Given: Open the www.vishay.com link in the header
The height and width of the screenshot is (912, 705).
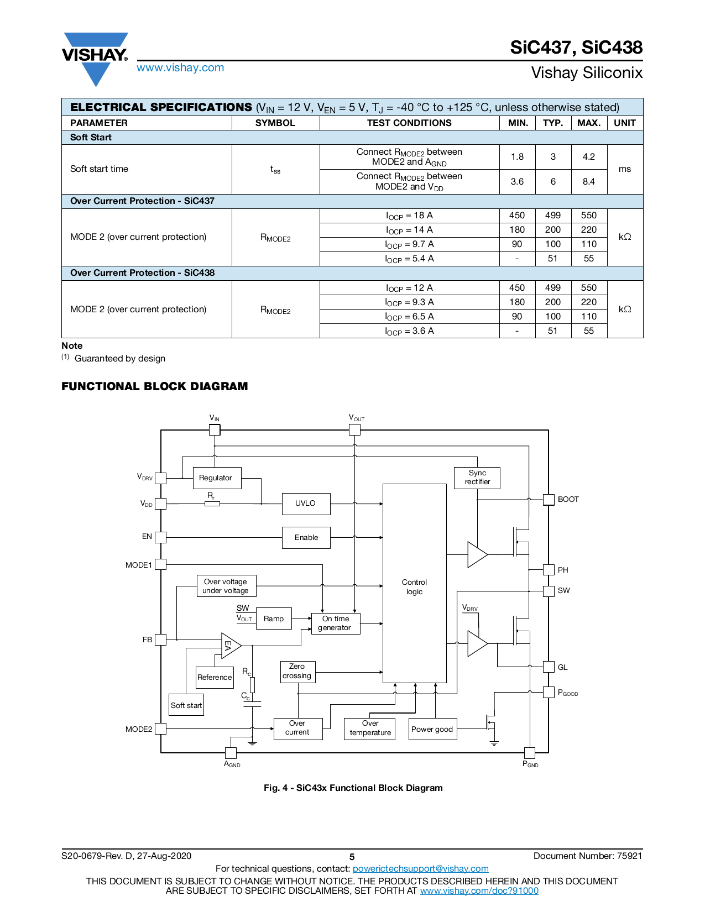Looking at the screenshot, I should coord(180,68).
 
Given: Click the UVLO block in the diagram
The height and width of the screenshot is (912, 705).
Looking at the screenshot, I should coord(306,504).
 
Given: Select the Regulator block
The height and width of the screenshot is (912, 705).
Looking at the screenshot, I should coord(216,478).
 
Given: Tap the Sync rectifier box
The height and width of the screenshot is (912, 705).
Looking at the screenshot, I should coord(477,478).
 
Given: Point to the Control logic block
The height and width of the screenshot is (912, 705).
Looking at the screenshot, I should coord(415,586).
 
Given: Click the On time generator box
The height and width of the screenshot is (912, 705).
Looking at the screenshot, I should coord(336,623).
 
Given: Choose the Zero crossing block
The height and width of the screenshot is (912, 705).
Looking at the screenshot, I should coord(297,672).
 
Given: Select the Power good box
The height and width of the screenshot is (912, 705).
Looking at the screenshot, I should coord(432,729).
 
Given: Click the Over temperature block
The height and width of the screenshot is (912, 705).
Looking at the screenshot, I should coord(370,728).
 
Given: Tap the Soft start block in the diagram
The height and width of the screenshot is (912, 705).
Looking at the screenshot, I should coord(186,706).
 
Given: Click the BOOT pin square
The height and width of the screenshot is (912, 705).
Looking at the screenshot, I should coord(549,500).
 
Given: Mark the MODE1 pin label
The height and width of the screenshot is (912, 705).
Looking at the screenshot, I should coord(138,565).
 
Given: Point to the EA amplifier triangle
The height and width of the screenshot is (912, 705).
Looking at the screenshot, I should coord(229,646).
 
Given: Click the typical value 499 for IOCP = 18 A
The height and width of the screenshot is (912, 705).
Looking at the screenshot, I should coord(553,216).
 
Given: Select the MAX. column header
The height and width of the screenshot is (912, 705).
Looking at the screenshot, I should coord(589,123).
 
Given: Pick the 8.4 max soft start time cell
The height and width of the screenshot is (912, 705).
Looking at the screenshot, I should coord(589,182).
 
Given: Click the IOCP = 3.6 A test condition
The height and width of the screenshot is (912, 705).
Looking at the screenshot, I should coord(410,331).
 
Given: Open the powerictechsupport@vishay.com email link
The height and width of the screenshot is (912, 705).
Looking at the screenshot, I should coord(420,869).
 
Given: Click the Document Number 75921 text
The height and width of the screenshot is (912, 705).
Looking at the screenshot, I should coord(587,856).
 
